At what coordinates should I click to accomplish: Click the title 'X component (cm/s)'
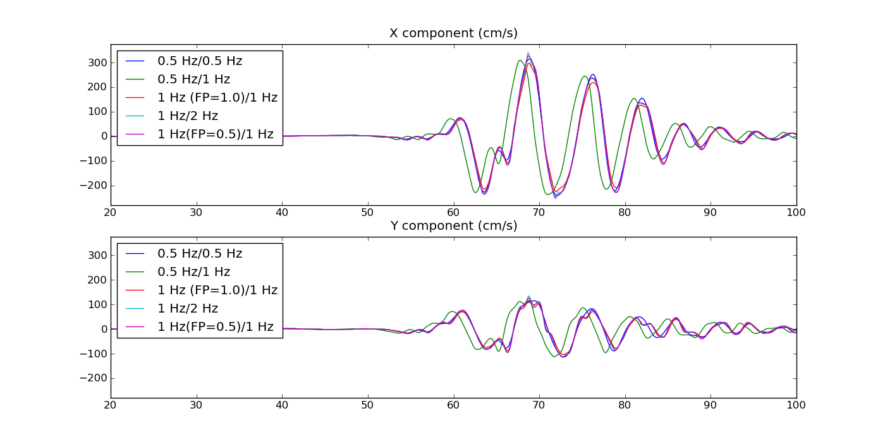point(453,33)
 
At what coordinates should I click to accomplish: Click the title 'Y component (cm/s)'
point(453,226)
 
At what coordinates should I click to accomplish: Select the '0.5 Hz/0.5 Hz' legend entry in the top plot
point(200,61)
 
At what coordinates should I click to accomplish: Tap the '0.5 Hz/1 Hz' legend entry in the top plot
point(193,80)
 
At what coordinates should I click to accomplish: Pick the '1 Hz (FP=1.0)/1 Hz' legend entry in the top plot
point(217,98)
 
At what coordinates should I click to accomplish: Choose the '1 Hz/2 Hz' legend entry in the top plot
point(188,116)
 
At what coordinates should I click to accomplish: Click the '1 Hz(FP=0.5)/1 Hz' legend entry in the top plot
point(216,134)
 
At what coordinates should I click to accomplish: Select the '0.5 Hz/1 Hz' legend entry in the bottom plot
point(193,272)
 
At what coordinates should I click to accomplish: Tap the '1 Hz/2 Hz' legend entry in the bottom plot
point(188,309)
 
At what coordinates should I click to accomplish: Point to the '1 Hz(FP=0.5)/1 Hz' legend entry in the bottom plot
point(216,327)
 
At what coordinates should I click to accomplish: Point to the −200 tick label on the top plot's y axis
point(92,186)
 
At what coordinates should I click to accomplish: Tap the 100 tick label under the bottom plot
point(796,405)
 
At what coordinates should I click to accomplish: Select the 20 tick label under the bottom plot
point(111,405)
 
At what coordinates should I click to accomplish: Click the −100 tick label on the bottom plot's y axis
point(92,354)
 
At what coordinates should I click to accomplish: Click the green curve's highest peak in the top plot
point(520,61)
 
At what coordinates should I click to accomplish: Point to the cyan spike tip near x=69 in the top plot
point(528,53)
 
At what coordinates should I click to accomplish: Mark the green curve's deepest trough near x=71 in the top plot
point(547,194)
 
